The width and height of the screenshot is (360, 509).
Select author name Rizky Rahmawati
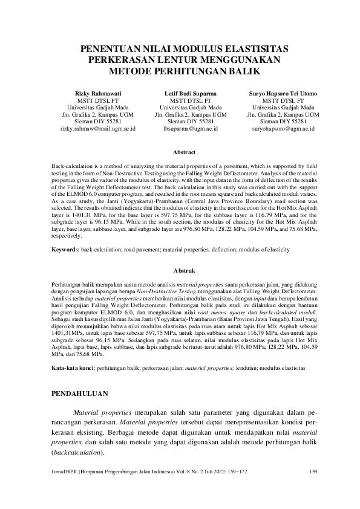pos(97,94)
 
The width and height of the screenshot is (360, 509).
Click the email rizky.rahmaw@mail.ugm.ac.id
pos(97,129)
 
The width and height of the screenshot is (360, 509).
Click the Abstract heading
pos(184,152)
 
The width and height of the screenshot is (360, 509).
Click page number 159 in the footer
pos(313,472)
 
